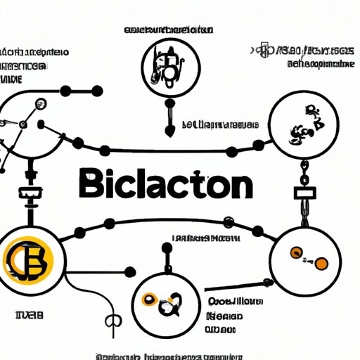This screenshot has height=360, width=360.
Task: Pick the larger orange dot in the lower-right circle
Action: coord(320,263)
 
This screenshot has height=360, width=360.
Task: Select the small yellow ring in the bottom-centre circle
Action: coord(150,299)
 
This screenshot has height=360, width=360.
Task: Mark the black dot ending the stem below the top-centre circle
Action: coord(169,131)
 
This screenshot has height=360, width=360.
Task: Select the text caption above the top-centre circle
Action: coord(169,30)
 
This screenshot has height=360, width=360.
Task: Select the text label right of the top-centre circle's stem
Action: coord(218,125)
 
